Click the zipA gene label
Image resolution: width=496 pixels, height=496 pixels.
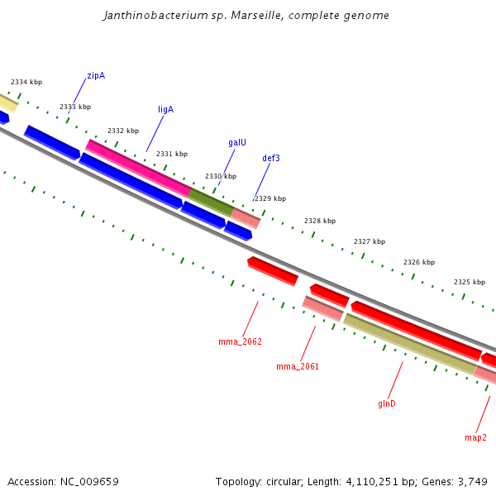(96, 76)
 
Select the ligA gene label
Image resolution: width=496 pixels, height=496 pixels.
(165, 109)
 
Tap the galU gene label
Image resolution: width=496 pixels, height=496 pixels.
(237, 142)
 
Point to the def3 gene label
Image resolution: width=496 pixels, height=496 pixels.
(271, 158)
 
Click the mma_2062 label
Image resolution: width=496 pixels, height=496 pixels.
(240, 341)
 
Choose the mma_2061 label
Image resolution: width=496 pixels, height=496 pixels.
(298, 366)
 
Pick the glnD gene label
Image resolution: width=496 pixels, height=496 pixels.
(387, 403)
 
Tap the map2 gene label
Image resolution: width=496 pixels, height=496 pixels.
(475, 437)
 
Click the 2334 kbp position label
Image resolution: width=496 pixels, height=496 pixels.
(26, 83)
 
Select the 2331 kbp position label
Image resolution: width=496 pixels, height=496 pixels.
(172, 154)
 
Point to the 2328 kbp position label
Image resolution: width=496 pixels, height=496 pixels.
(320, 221)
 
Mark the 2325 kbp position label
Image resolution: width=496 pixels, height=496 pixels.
(470, 282)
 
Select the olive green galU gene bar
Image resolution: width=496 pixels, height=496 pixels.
(211, 202)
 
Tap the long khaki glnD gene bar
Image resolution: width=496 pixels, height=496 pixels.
(409, 344)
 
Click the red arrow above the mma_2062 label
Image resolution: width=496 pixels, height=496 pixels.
(273, 270)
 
